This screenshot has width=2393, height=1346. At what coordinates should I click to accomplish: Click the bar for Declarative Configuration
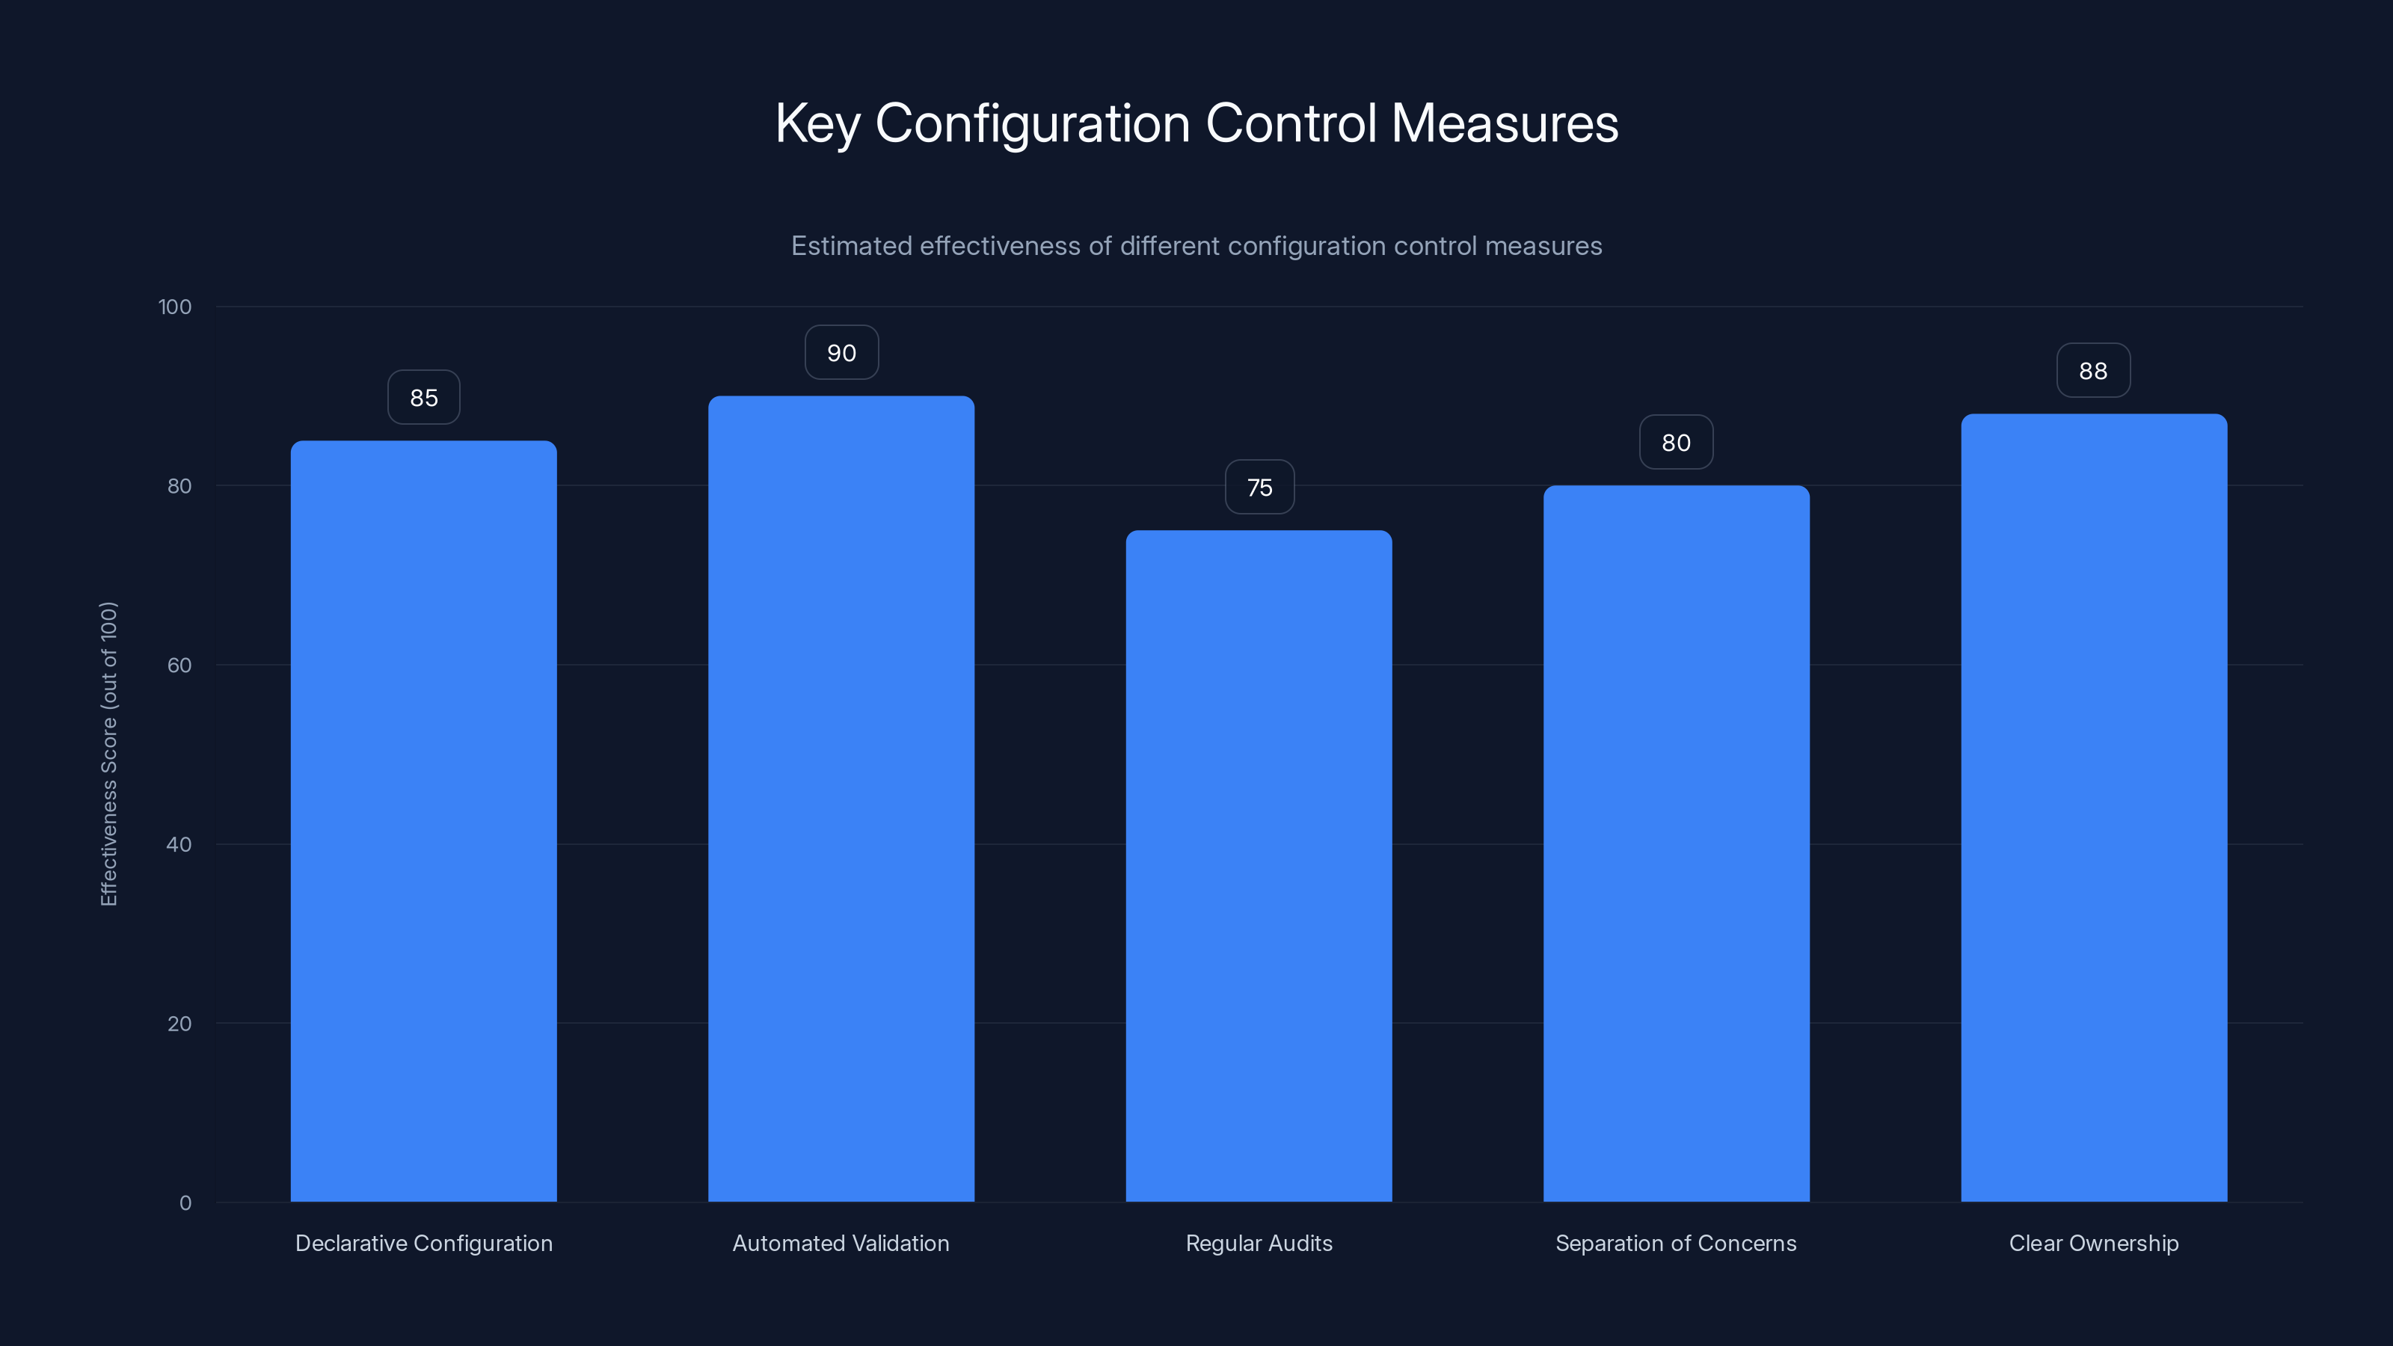coord(423,821)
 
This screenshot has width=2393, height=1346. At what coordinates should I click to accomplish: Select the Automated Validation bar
coord(841,799)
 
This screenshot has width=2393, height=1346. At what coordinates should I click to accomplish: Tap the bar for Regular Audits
coord(1259,866)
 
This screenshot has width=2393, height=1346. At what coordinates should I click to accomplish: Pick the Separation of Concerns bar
coord(1676,843)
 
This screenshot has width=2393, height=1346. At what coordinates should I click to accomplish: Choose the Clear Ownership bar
coord(2094,808)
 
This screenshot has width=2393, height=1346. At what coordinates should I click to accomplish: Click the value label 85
coord(423,398)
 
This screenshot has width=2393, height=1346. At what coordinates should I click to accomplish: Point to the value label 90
coord(841,353)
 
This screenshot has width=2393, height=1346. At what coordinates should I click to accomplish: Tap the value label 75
coord(1259,488)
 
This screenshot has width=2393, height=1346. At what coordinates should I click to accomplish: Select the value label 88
coord(2093,371)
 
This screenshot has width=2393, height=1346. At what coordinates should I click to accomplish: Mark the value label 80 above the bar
coord(1676,443)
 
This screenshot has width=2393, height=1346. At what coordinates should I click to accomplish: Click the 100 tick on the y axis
coord(175,307)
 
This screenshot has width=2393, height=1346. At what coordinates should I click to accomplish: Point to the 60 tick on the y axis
coord(179,665)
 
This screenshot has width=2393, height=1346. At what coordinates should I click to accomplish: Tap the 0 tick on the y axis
coord(185,1203)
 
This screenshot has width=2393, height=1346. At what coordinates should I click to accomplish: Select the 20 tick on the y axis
coord(179,1024)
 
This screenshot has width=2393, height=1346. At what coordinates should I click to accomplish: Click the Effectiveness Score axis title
coord(108,753)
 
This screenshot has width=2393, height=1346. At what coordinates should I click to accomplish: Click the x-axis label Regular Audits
coord(1259,1243)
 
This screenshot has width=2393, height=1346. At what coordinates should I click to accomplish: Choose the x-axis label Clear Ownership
coord(2094,1243)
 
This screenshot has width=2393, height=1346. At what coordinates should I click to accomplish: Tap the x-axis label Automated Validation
coord(841,1243)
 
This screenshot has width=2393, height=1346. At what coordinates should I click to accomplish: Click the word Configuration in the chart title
coord(1032,124)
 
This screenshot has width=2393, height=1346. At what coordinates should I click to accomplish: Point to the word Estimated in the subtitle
coord(851,246)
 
